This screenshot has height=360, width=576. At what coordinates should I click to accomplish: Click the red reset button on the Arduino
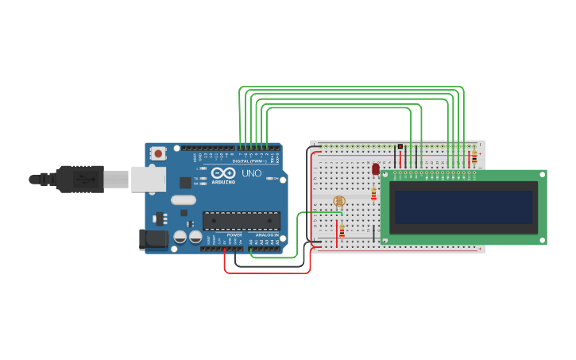[x=158, y=153]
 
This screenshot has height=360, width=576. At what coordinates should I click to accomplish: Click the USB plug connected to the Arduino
[x=79, y=179]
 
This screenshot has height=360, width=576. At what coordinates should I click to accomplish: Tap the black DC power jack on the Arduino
[x=153, y=239]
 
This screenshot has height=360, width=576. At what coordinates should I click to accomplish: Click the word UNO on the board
[x=251, y=173]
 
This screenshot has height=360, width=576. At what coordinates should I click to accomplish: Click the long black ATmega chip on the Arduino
[x=241, y=220]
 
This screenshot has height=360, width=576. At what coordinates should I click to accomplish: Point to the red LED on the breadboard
[x=376, y=168]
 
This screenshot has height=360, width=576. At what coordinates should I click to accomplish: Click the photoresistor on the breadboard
[x=339, y=201]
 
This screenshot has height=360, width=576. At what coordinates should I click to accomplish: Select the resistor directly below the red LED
[x=373, y=194]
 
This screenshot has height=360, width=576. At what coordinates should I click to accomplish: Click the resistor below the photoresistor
[x=342, y=231]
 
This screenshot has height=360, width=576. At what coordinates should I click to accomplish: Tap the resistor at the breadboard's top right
[x=474, y=157]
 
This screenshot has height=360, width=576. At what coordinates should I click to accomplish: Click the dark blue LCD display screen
[x=464, y=207]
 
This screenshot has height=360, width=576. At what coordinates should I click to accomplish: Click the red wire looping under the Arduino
[x=266, y=273]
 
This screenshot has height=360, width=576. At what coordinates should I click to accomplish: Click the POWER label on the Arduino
[x=234, y=235]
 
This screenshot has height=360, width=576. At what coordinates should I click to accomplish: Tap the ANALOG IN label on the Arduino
[x=267, y=235]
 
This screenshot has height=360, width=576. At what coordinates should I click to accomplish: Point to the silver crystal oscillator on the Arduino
[x=183, y=200]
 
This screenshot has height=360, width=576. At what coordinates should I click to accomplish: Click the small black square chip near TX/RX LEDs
[x=185, y=182]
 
